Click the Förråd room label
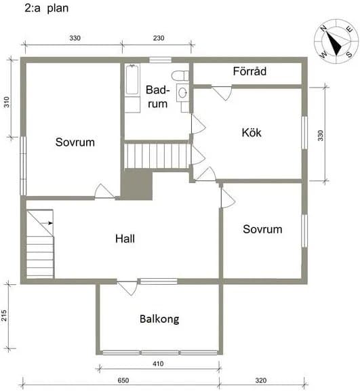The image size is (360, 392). pyautogui.click(x=249, y=71)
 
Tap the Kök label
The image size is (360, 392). pyautogui.click(x=252, y=132)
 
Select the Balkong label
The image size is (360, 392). pyautogui.click(x=159, y=319)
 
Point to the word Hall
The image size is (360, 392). pyautogui.click(x=125, y=239)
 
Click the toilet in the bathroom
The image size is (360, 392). pyautogui.click(x=180, y=75)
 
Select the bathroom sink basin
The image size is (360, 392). pyautogui.click(x=183, y=93)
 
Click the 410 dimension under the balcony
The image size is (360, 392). pyautogui.click(x=158, y=364)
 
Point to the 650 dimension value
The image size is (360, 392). pyautogui.click(x=123, y=380)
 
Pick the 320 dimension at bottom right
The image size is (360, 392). pyautogui.click(x=261, y=380)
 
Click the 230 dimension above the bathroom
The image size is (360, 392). pyautogui.click(x=159, y=38)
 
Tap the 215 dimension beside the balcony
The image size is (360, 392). pyautogui.click(x=4, y=315)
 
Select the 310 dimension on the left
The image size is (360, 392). pyautogui.click(x=7, y=102)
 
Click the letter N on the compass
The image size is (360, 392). pyautogui.click(x=324, y=28)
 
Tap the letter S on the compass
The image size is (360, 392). pyautogui.click(x=348, y=54)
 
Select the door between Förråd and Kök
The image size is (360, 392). pyautogui.click(x=222, y=93)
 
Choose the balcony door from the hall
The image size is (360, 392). pyautogui.click(x=127, y=288)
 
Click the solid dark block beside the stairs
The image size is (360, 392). pyautogui.click(x=136, y=184)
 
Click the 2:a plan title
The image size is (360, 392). pyautogui.click(x=47, y=8)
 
